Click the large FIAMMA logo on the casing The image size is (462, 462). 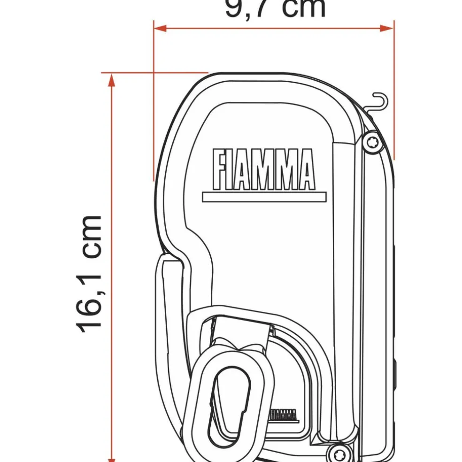(x=263, y=169)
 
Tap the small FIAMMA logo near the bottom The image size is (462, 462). (x=283, y=415)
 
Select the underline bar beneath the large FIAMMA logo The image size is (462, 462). (x=264, y=197)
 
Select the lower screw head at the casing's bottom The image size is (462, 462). (x=336, y=454)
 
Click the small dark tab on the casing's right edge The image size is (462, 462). (x=393, y=371)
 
